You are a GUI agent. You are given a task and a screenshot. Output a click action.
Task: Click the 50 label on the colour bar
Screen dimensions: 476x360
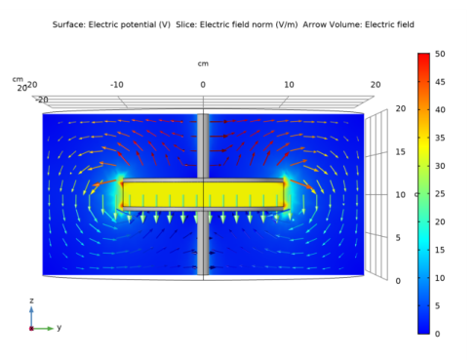click(440, 54)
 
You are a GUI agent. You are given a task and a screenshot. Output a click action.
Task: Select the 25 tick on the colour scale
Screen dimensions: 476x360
click(440, 194)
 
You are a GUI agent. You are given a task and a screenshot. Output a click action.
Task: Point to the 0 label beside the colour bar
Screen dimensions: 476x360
click(438, 334)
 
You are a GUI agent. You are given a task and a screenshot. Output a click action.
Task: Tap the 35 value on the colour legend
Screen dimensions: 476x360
click(440, 138)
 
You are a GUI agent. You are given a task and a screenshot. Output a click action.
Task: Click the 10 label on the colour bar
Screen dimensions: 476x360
click(440, 278)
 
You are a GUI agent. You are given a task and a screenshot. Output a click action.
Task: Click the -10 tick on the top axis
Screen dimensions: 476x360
click(117, 85)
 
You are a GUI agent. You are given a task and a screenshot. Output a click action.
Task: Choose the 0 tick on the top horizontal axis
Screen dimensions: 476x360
click(203, 85)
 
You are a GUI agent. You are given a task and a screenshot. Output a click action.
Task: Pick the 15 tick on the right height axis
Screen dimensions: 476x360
click(401, 152)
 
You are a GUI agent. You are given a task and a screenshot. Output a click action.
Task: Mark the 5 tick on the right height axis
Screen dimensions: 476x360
click(398, 238)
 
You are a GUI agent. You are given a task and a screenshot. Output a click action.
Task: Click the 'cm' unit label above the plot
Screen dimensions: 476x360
click(203, 63)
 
